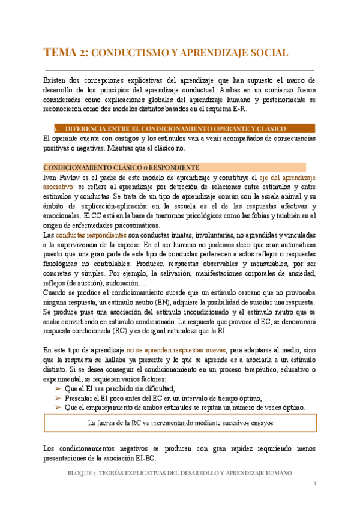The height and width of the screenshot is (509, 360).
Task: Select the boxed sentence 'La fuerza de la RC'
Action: pyautogui.click(x=180, y=423)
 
